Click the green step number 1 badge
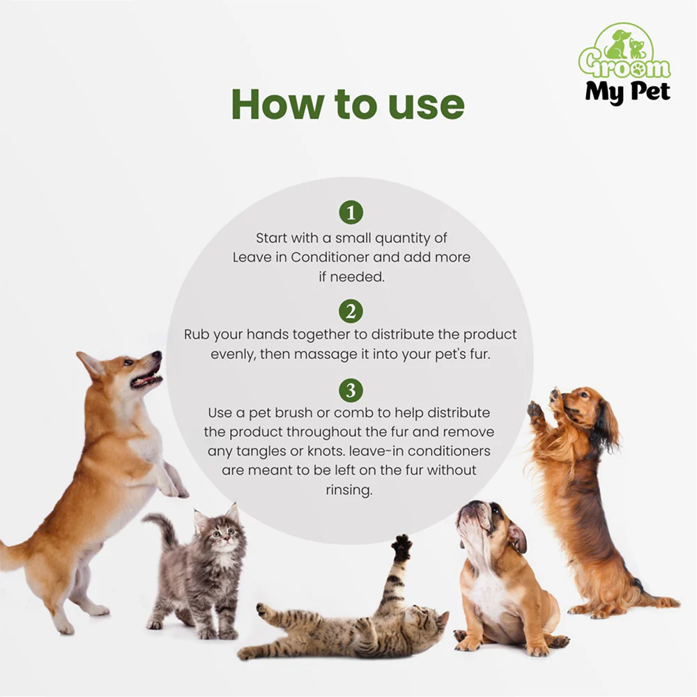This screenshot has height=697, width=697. [x=351, y=212]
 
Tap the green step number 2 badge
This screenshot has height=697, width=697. [x=351, y=311]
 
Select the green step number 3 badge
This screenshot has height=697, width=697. [x=351, y=390]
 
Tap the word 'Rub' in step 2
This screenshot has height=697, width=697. [x=197, y=335]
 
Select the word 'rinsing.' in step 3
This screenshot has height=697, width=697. [x=349, y=489]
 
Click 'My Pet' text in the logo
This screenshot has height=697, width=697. [x=628, y=91]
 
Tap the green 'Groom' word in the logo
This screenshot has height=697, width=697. [x=624, y=65]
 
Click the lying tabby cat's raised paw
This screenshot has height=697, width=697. [x=402, y=546]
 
